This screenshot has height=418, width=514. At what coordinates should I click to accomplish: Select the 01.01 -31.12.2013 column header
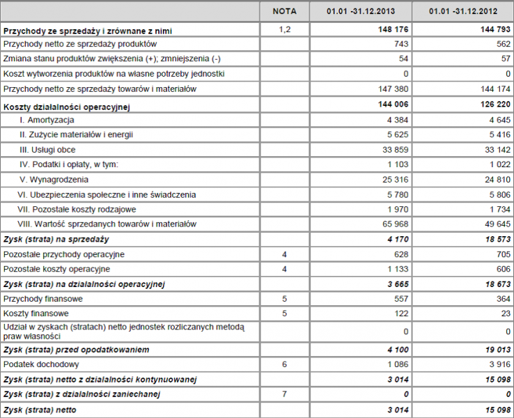pos(361,11)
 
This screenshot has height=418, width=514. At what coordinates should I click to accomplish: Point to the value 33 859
pos(394,150)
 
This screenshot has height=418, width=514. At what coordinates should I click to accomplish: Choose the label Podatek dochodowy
pos(41,364)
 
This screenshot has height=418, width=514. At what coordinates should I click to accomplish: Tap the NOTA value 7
pos(284,394)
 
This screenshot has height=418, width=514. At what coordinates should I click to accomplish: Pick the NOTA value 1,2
pos(284,30)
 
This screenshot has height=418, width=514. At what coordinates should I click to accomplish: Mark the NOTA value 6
pos(284,364)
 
